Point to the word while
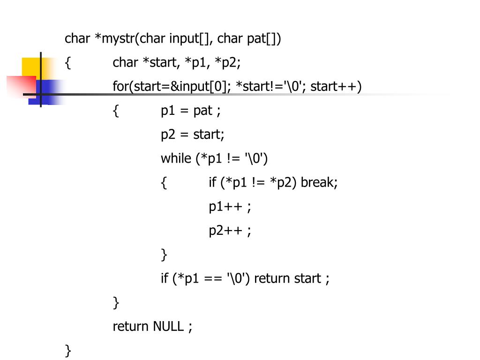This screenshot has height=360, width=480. tap(176, 158)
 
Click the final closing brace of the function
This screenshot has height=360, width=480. tap(68, 350)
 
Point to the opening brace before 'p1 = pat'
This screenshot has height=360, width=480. tap(116, 111)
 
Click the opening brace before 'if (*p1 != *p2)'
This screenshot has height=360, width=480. tap(164, 182)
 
